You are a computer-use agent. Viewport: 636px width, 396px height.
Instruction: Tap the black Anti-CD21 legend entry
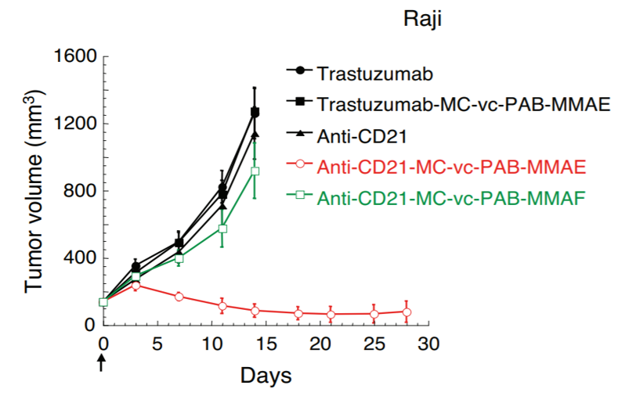(362, 136)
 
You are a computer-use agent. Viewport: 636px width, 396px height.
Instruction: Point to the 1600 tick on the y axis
(73, 57)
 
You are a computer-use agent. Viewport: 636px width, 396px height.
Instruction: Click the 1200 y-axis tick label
(73, 124)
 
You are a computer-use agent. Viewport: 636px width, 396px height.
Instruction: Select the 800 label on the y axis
(78, 191)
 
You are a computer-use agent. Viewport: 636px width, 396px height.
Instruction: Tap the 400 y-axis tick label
(78, 258)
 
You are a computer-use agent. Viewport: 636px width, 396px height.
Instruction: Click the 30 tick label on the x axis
(427, 344)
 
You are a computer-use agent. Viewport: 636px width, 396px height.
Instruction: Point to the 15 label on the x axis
(266, 344)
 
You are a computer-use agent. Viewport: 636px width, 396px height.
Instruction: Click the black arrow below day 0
(103, 363)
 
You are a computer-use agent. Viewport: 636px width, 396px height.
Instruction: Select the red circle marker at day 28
(407, 312)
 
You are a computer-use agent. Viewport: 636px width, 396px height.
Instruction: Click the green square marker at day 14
(255, 171)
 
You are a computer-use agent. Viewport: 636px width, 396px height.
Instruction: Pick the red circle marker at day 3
(136, 286)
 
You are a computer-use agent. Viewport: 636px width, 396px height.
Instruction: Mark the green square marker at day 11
(222, 229)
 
